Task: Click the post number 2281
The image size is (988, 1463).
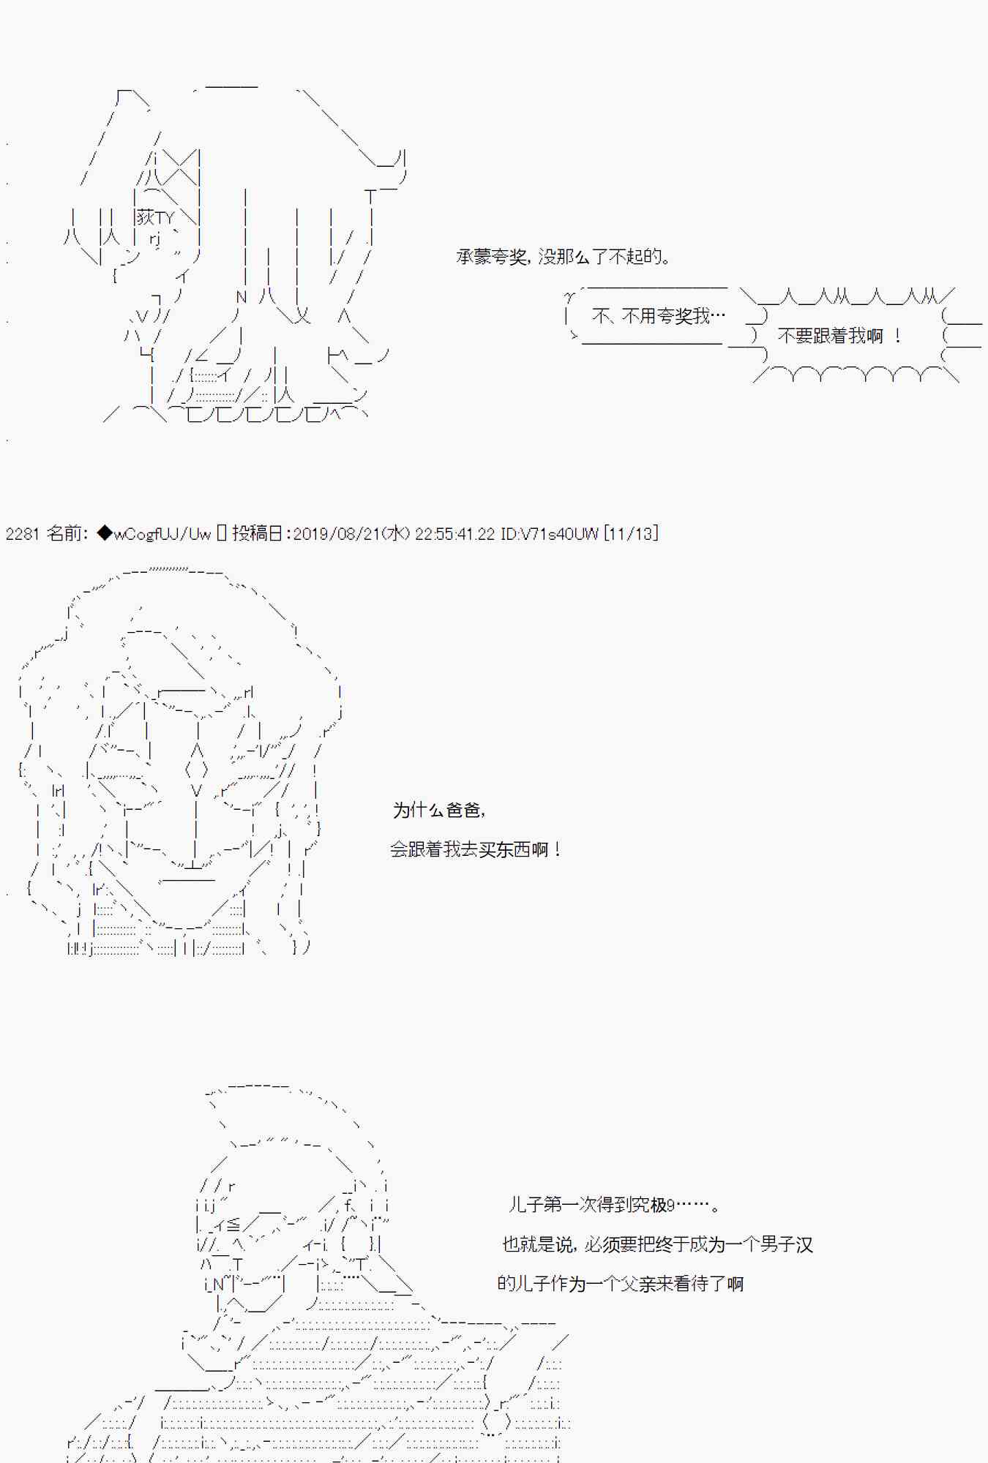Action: point(22,533)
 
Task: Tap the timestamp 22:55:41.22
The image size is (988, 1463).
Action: point(454,533)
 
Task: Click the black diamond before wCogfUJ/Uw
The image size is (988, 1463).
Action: point(105,533)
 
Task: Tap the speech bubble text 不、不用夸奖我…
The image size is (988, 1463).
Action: point(658,316)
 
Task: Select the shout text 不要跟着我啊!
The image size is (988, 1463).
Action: point(839,336)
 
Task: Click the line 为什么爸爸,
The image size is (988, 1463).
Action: point(438,810)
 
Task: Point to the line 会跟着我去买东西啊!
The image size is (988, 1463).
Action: point(476,849)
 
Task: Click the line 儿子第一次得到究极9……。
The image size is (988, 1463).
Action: point(613,1204)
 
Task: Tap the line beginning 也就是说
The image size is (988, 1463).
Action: point(657,1244)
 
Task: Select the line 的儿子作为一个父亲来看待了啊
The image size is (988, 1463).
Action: point(620,1283)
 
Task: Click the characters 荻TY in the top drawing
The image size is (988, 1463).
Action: point(155,217)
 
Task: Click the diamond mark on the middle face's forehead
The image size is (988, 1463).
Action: point(196,770)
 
